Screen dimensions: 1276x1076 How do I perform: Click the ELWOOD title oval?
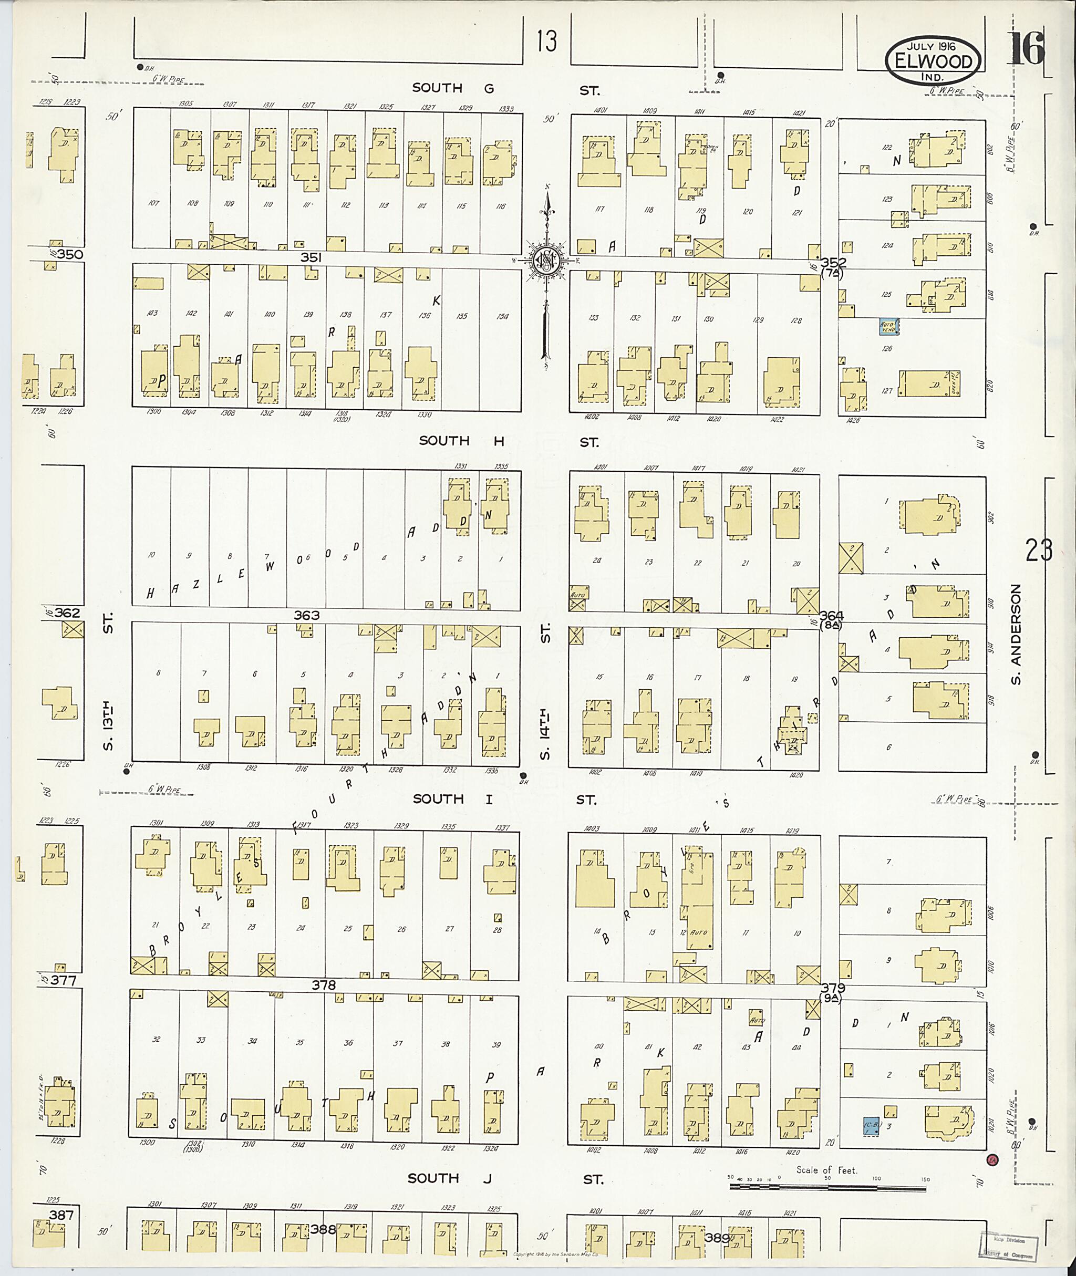[x=933, y=61]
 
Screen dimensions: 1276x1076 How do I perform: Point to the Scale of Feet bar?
[x=830, y=1187]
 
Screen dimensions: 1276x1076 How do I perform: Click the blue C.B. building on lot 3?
[x=871, y=1126]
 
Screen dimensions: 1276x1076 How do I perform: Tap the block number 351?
[x=311, y=258]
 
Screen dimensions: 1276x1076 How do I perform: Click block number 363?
[x=306, y=616]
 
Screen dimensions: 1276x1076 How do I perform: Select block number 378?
[x=323, y=985]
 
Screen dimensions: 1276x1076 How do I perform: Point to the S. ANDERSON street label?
[x=1016, y=635]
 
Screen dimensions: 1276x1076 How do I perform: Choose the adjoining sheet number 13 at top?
[x=547, y=42]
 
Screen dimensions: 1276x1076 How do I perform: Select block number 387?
[x=61, y=1216]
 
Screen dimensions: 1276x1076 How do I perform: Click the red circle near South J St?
[x=992, y=1160]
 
